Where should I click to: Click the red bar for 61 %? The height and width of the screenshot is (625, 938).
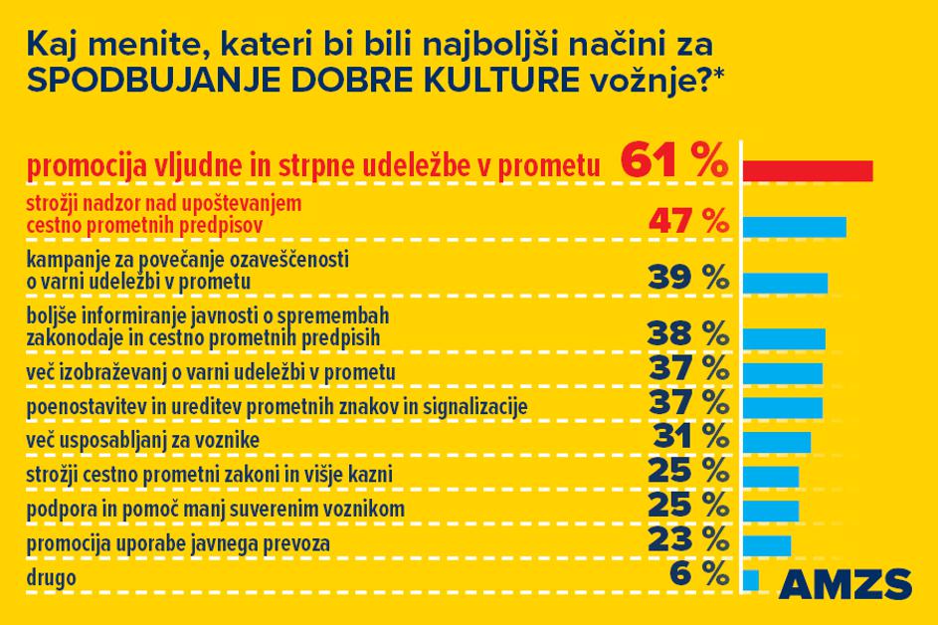click(808, 170)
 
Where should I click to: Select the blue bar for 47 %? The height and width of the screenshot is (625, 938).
click(794, 227)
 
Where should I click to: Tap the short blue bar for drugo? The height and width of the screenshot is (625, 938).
click(750, 579)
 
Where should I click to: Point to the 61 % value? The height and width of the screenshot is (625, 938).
click(673, 162)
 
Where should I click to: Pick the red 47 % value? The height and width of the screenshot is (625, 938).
click(687, 220)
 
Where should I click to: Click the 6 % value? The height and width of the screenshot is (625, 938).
click(699, 573)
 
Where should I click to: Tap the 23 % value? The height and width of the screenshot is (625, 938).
click(687, 539)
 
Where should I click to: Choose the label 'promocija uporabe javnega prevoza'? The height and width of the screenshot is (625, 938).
click(178, 544)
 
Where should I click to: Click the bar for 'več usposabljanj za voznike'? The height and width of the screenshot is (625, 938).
click(776, 442)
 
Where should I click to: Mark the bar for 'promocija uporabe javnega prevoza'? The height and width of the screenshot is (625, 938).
click(766, 545)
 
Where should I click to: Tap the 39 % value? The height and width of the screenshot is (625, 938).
click(687, 278)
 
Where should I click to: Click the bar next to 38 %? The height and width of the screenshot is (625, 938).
click(784, 339)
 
